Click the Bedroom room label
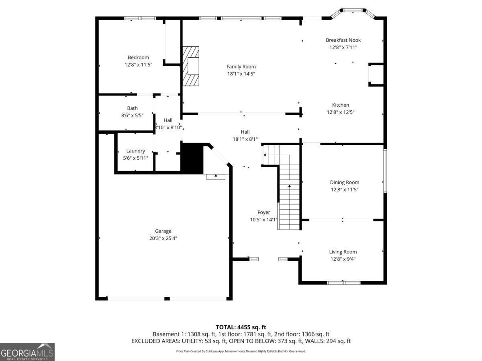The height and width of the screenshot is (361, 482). (x=138, y=57)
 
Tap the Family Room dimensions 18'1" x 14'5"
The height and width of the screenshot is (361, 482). (x=241, y=74)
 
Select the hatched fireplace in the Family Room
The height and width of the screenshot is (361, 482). (x=191, y=66)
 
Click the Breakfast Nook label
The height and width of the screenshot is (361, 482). (x=343, y=40)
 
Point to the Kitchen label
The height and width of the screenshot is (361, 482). (x=340, y=105)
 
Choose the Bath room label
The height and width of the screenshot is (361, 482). (x=132, y=108)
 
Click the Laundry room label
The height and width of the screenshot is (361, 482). (x=135, y=151)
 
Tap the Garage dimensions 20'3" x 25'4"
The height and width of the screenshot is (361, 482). (x=163, y=238)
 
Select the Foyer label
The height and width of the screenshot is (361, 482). (x=263, y=213)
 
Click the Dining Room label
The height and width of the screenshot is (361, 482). (x=344, y=183)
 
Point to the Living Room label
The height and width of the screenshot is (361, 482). (x=343, y=252)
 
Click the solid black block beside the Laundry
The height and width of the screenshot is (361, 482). (x=192, y=158)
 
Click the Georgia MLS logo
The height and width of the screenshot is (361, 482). (x=27, y=352)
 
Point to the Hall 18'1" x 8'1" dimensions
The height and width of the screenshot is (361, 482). (x=245, y=139)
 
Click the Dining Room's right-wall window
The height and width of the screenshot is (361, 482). (x=385, y=171)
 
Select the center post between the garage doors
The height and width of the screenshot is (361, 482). (x=167, y=298)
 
